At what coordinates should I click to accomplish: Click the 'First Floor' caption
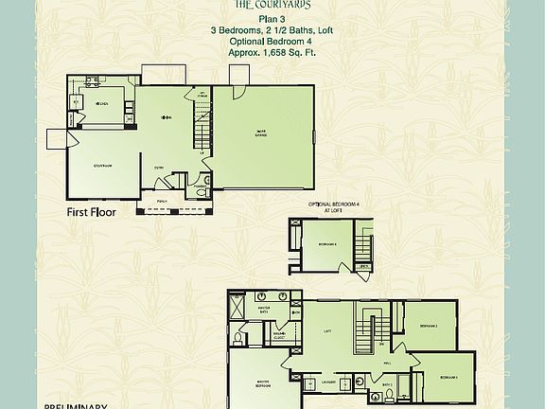(x=91, y=213)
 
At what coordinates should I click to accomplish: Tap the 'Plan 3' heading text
(x=272, y=18)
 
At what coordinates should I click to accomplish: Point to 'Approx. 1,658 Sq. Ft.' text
(x=272, y=53)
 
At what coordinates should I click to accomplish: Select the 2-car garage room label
(x=260, y=133)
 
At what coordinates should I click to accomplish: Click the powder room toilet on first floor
(x=198, y=191)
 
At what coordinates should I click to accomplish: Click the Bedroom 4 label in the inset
(x=315, y=244)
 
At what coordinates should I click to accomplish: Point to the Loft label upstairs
(x=326, y=330)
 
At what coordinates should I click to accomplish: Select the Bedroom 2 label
(x=428, y=328)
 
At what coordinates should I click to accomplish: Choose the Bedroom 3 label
(x=448, y=377)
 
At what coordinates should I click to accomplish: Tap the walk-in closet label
(x=282, y=334)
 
